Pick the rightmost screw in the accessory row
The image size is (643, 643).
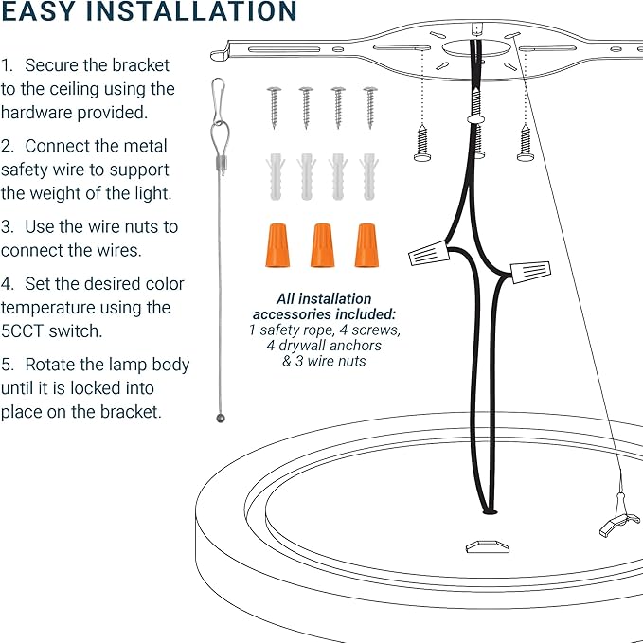pyautogui.click(x=370, y=106)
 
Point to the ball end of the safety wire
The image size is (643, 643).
pyautogui.click(x=220, y=418)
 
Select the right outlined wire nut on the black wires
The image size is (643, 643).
pyautogui.click(x=529, y=271)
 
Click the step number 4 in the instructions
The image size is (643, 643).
pyautogui.click(x=7, y=284)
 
